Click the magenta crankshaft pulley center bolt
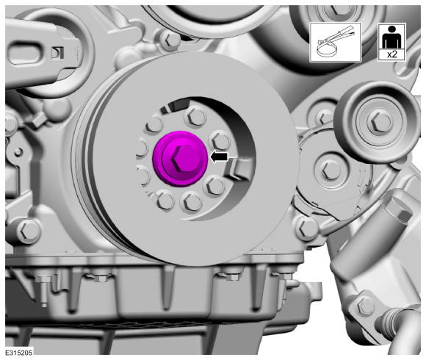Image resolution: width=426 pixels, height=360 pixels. coord(180,159)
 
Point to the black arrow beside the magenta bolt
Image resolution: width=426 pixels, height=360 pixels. coord(220,157)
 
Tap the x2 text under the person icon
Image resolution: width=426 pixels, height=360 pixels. coord(391,54)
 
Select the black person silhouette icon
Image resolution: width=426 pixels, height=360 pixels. coord(391,37)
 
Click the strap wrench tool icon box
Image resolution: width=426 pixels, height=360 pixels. coord(335,42)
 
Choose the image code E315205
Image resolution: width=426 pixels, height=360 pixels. coord(19,353)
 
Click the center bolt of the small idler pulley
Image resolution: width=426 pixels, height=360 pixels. coord(379,121)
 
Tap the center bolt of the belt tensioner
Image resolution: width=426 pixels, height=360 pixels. coord(331,170)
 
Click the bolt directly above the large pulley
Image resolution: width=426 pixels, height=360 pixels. coord(168,40)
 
